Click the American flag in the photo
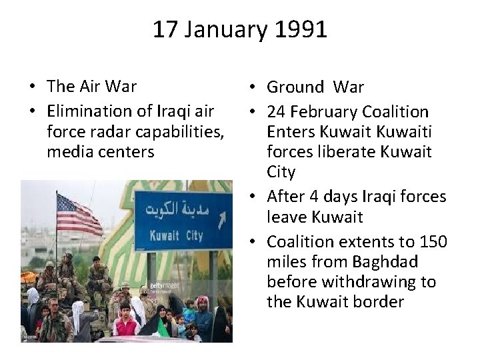click(x=78, y=215)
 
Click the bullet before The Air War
click(x=31, y=87)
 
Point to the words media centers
click(x=100, y=152)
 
